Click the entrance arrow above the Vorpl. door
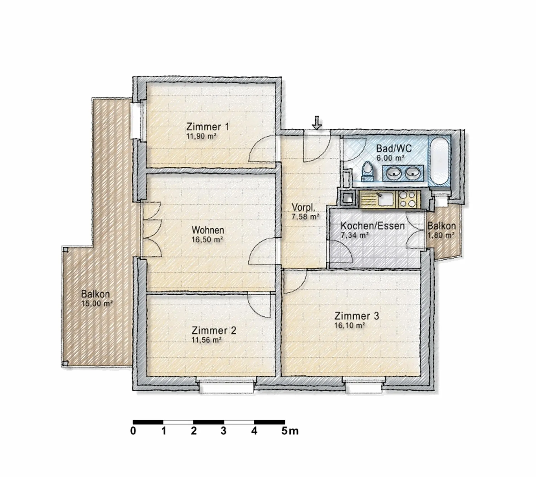click(x=317, y=123)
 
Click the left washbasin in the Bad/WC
click(x=393, y=173)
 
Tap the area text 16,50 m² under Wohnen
click(x=207, y=240)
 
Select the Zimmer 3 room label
click(x=356, y=316)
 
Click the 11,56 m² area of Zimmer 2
click(x=207, y=340)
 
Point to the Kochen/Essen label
click(x=372, y=226)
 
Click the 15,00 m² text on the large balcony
click(x=97, y=303)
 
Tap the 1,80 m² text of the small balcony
click(x=441, y=235)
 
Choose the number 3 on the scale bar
click(x=223, y=431)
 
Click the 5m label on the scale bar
click(x=290, y=431)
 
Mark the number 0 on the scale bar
click(x=133, y=431)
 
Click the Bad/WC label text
click(x=394, y=148)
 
